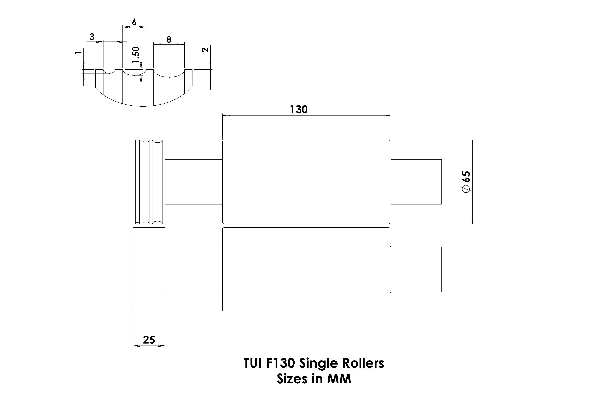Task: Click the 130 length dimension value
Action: (299, 110)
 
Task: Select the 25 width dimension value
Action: (149, 340)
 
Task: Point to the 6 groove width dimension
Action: (134, 22)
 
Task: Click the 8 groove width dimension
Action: (169, 40)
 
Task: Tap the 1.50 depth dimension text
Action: (136, 55)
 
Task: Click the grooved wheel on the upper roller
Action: (149, 182)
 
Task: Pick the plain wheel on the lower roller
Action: (149, 269)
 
